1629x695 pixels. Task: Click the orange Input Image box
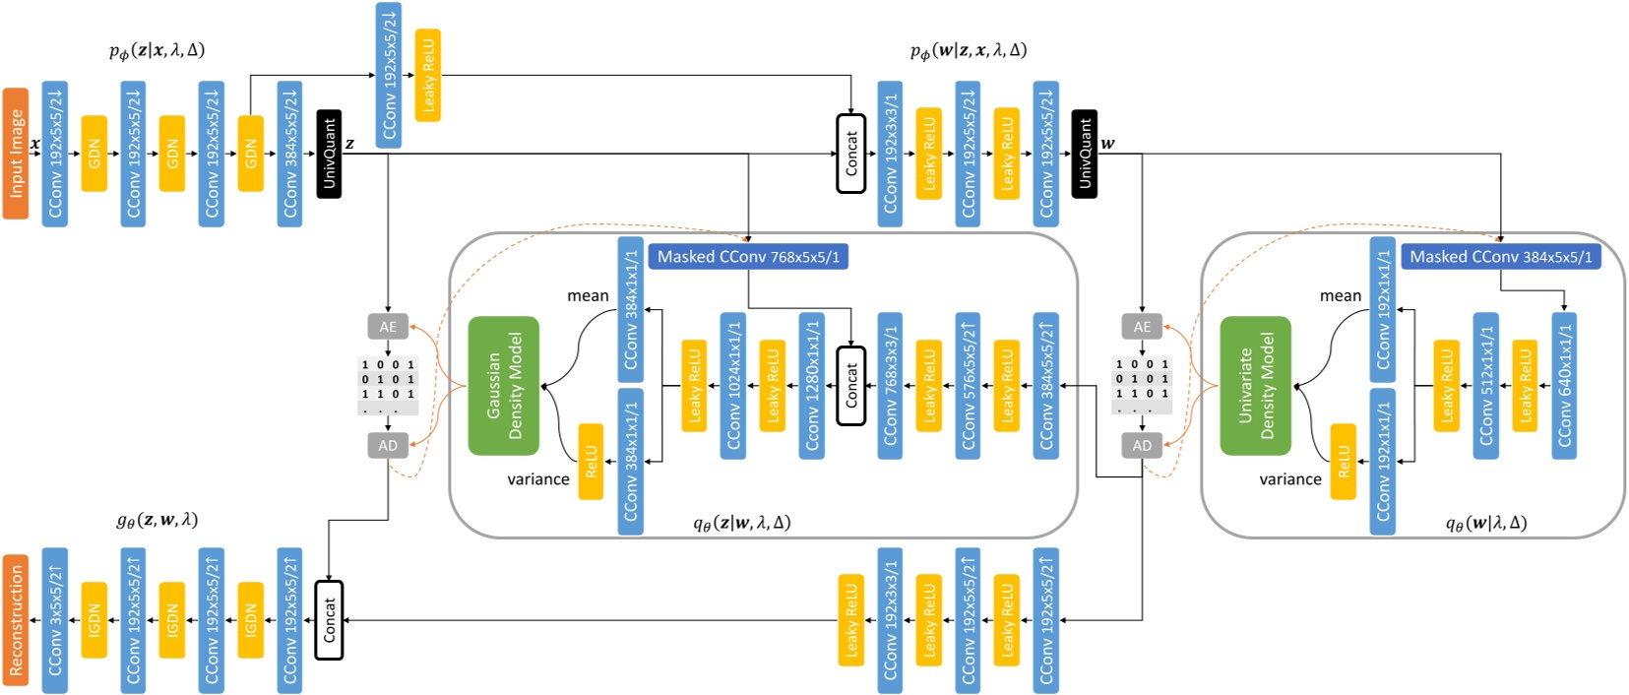(16, 153)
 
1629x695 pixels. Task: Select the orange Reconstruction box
(16, 620)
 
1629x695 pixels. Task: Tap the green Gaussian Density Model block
(504, 386)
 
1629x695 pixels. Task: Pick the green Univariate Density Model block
(1255, 386)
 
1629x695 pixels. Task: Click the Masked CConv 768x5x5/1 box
(748, 257)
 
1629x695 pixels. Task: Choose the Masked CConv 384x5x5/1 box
(1500, 257)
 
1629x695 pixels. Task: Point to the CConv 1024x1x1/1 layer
(732, 386)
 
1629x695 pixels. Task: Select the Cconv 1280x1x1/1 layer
(811, 386)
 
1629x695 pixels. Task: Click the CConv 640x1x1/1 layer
(1564, 386)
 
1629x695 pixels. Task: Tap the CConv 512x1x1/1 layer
(1485, 386)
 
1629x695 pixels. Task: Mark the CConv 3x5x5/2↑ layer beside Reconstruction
(55, 620)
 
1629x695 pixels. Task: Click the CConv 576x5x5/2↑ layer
(968, 386)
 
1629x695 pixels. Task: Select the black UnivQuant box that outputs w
(1084, 154)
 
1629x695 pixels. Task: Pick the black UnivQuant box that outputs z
(329, 154)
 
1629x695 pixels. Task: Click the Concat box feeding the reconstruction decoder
(329, 620)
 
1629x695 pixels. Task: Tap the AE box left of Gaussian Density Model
(388, 327)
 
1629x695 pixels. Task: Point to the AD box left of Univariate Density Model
(1142, 446)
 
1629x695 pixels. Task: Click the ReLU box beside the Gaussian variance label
(591, 461)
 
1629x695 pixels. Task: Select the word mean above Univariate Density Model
(1341, 295)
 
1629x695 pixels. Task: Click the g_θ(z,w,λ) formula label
(157, 520)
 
